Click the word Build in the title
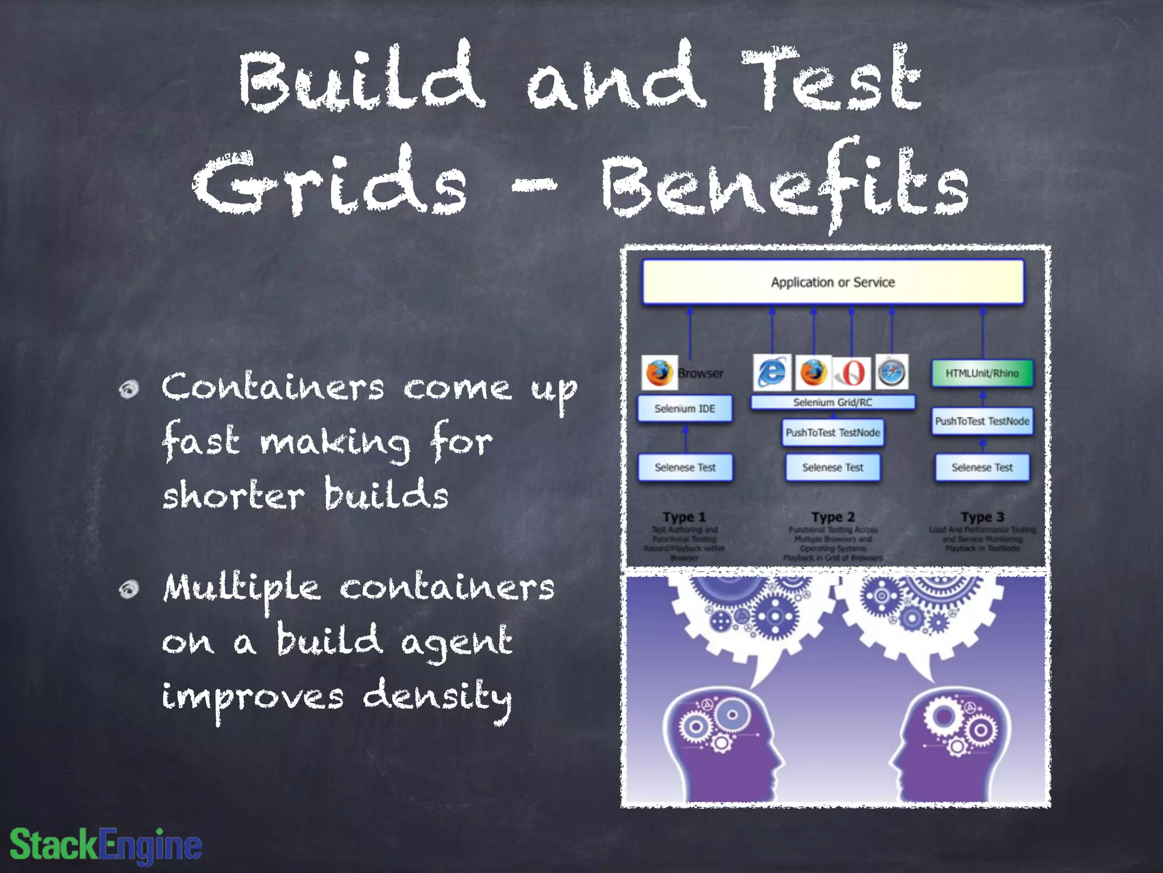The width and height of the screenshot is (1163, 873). click(361, 77)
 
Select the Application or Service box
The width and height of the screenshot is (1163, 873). click(832, 282)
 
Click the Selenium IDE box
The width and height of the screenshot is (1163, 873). click(685, 409)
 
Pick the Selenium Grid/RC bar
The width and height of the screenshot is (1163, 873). click(832, 402)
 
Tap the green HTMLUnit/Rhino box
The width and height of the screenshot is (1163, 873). click(982, 373)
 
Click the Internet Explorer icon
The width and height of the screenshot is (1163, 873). click(772, 372)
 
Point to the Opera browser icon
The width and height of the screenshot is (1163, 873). click(851, 373)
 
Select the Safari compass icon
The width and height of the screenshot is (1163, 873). click(892, 372)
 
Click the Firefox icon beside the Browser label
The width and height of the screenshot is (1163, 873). click(659, 373)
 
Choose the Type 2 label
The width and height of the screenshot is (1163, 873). click(833, 517)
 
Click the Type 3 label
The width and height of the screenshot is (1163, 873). click(982, 517)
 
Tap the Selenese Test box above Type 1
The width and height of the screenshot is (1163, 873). click(685, 467)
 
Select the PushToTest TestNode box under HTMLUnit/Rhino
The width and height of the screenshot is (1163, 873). click(982, 421)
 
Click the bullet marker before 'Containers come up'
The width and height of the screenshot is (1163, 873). click(129, 389)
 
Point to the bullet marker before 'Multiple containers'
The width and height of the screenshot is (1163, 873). click(129, 589)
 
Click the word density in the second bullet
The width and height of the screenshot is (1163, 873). click(437, 697)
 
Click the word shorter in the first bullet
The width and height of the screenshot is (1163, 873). click(233, 495)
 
